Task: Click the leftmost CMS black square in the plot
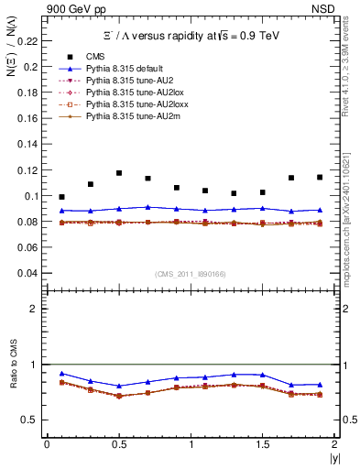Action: (61, 197)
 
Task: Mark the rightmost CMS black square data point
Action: (320, 177)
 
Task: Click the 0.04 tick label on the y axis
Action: (31, 273)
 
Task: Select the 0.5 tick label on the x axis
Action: (119, 444)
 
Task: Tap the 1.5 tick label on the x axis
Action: (262, 444)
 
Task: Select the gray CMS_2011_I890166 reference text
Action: (191, 275)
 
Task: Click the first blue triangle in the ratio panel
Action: (61, 373)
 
